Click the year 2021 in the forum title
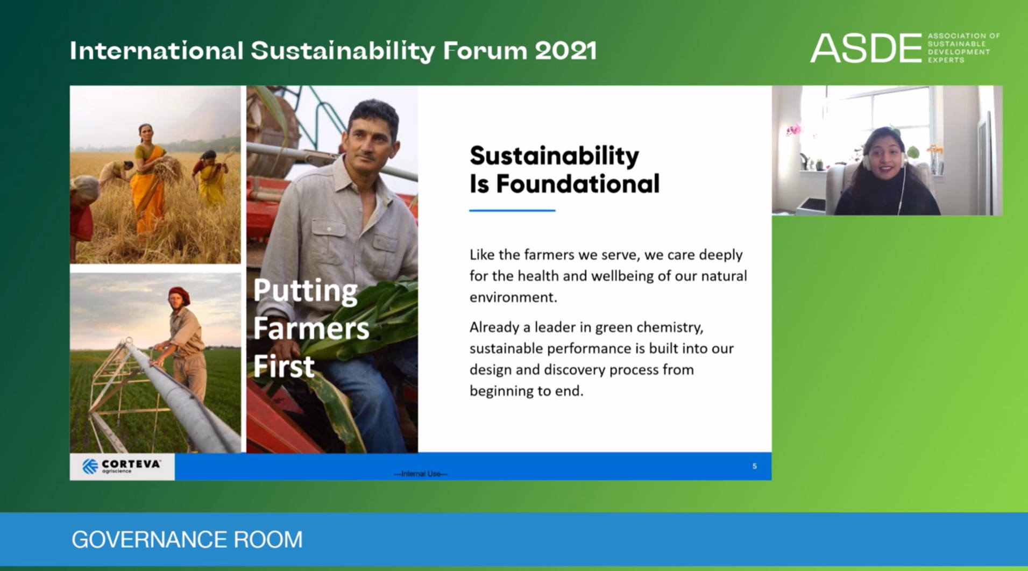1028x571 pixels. [x=565, y=51]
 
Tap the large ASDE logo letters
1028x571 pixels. [x=866, y=48]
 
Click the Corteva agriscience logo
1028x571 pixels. [x=122, y=466]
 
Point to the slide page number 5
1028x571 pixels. [x=754, y=466]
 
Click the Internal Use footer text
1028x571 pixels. [x=421, y=474]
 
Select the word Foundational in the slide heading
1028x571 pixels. [x=577, y=184]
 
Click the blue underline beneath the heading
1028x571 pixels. [x=512, y=210]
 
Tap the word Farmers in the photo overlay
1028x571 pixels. [x=311, y=328]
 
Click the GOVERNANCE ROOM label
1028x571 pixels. [x=187, y=539]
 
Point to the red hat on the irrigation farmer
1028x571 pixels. [x=179, y=294]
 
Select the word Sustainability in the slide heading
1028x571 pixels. [x=554, y=156]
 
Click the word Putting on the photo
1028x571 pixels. [x=305, y=291]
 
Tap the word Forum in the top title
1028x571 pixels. [x=485, y=51]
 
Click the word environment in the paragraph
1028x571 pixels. [x=513, y=297]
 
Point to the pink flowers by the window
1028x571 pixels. [x=793, y=129]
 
